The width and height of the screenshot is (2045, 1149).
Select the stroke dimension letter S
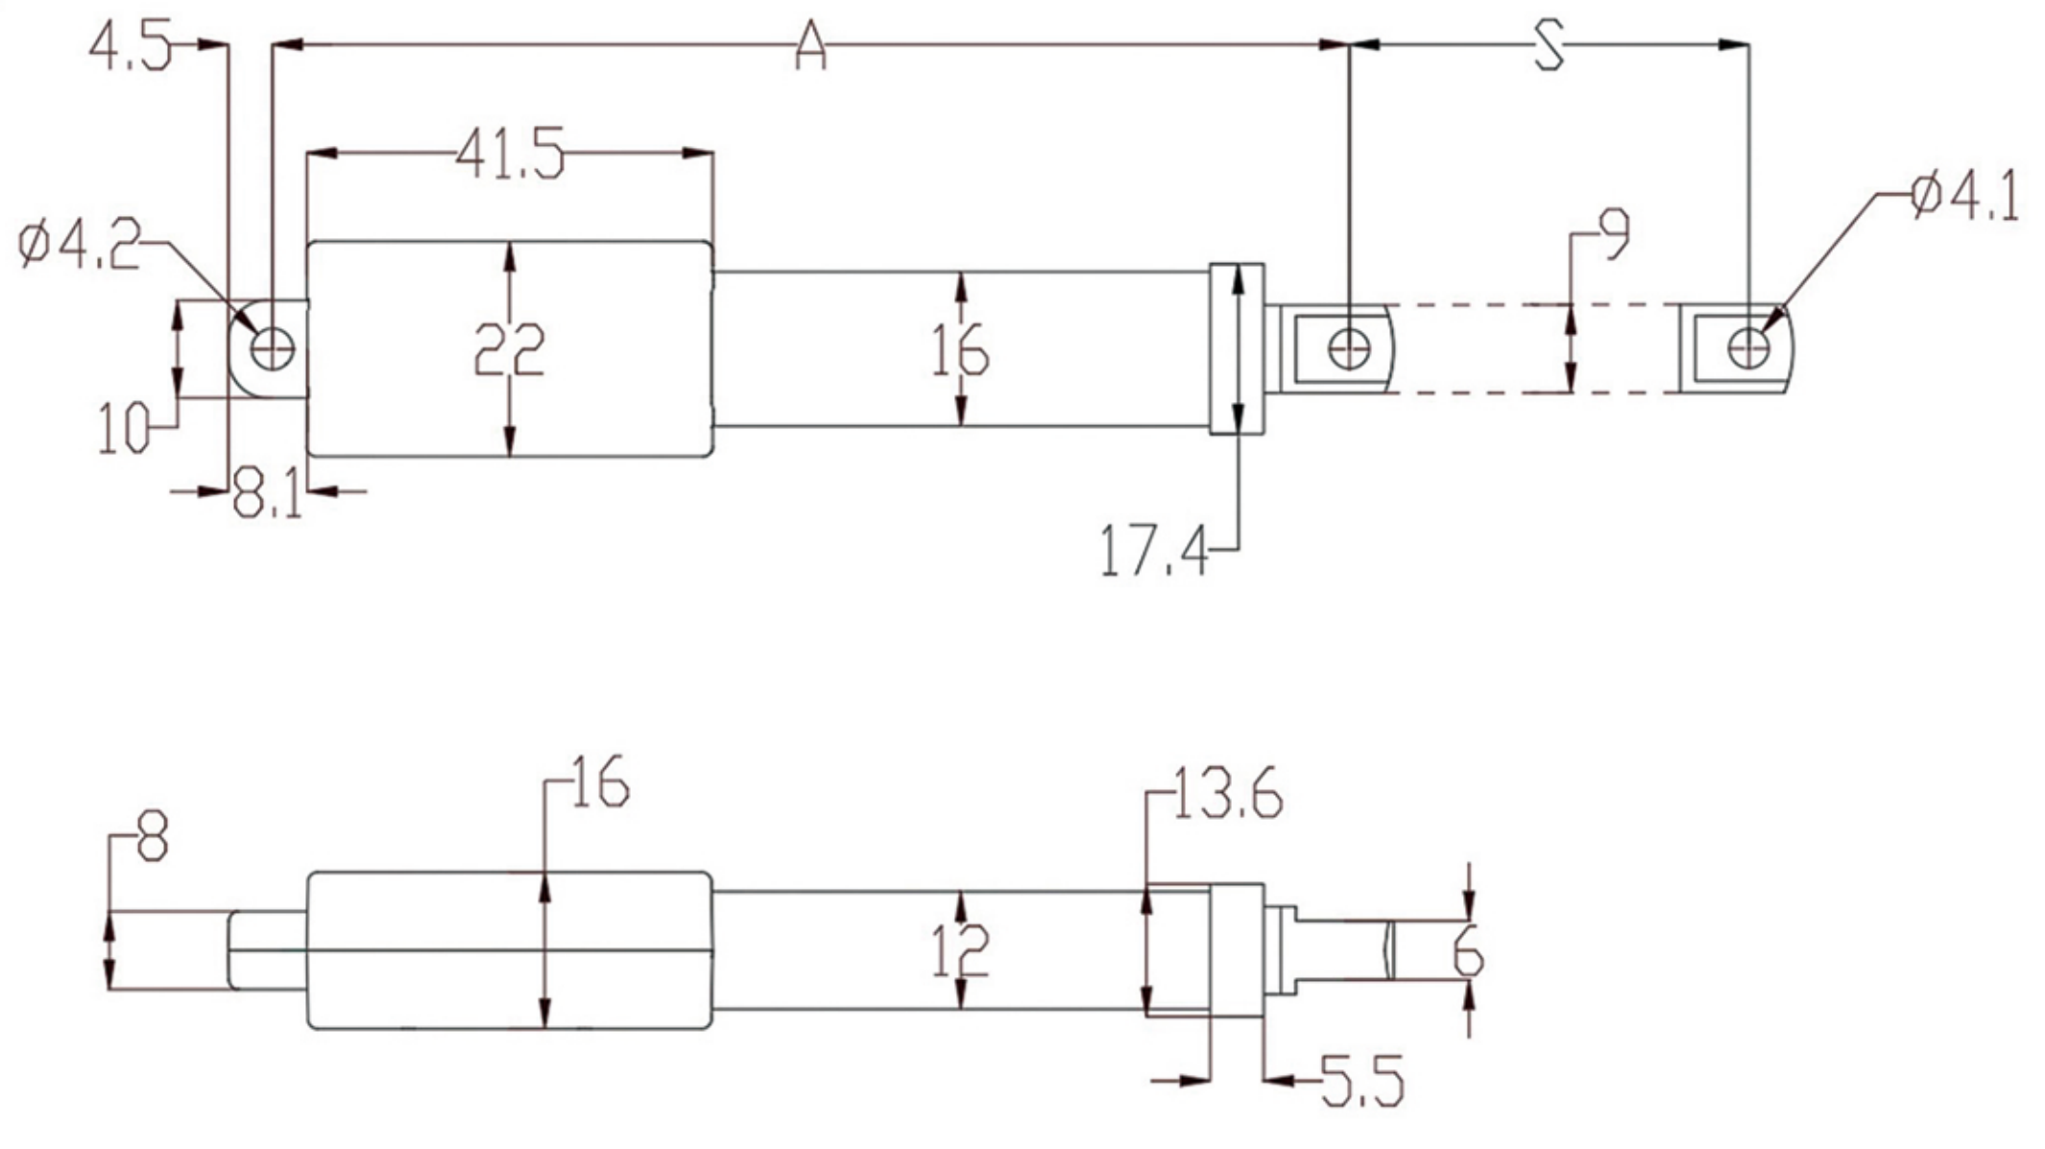tap(1547, 46)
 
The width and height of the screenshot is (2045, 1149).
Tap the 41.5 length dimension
tap(509, 156)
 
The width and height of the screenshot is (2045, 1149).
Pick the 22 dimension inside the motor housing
tap(509, 349)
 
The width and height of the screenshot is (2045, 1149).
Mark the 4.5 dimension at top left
tap(130, 47)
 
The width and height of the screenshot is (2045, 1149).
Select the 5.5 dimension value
tap(1361, 1081)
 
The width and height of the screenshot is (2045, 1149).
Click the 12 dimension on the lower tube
tap(960, 951)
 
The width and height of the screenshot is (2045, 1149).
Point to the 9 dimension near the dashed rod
tap(1613, 234)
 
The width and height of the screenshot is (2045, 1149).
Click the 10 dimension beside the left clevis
tap(125, 428)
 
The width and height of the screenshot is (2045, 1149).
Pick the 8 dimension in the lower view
tap(153, 835)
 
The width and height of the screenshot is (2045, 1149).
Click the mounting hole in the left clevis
tap(272, 348)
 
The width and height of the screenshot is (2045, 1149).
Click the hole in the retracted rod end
tap(1349, 348)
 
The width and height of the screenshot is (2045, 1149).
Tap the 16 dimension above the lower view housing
tap(600, 781)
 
